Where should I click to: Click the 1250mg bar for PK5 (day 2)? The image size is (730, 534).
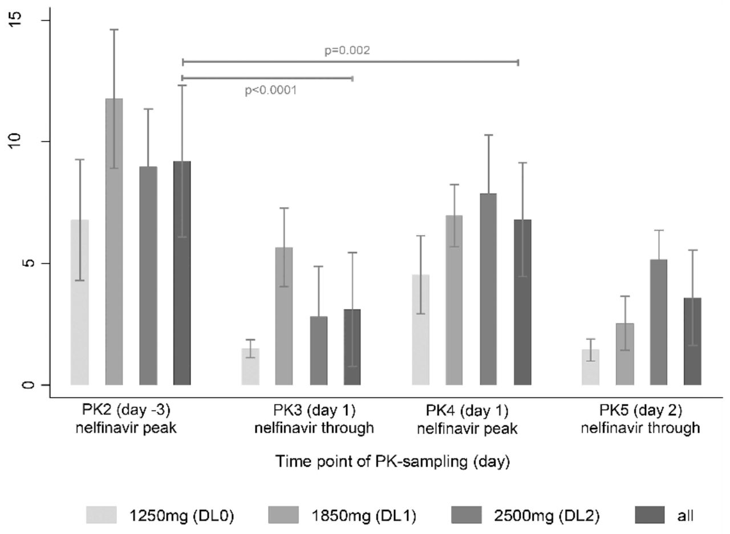click(590, 367)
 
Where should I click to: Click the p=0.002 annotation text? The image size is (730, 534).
click(347, 50)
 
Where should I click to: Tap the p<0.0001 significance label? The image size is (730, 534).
click(271, 90)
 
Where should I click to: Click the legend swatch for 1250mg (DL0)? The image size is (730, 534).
click(101, 515)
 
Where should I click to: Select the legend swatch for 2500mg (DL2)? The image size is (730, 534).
click(466, 515)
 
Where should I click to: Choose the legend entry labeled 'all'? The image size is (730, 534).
click(685, 516)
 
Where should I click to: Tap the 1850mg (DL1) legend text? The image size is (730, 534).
click(363, 516)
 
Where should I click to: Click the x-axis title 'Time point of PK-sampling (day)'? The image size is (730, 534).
click(392, 462)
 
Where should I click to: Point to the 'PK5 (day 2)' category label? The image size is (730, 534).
click(640, 410)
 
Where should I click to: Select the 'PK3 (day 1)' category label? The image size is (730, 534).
click(314, 410)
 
